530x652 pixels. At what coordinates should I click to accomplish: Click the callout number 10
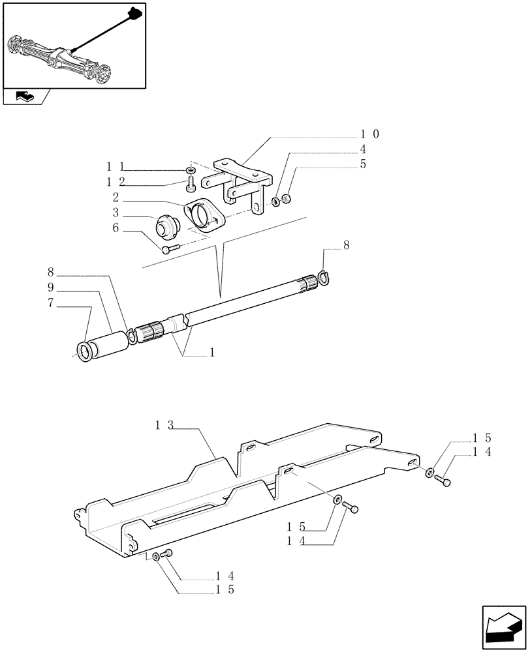pyautogui.click(x=370, y=134)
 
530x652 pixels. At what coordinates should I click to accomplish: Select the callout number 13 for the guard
pyautogui.click(x=164, y=425)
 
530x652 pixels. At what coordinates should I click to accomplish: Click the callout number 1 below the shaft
pyautogui.click(x=211, y=352)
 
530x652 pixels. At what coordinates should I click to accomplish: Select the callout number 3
pyautogui.click(x=116, y=213)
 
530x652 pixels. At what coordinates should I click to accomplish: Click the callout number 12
pyautogui.click(x=116, y=181)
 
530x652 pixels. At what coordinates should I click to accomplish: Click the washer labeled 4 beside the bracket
pyautogui.click(x=277, y=200)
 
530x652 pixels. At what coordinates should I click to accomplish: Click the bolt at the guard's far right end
pyautogui.click(x=446, y=482)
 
